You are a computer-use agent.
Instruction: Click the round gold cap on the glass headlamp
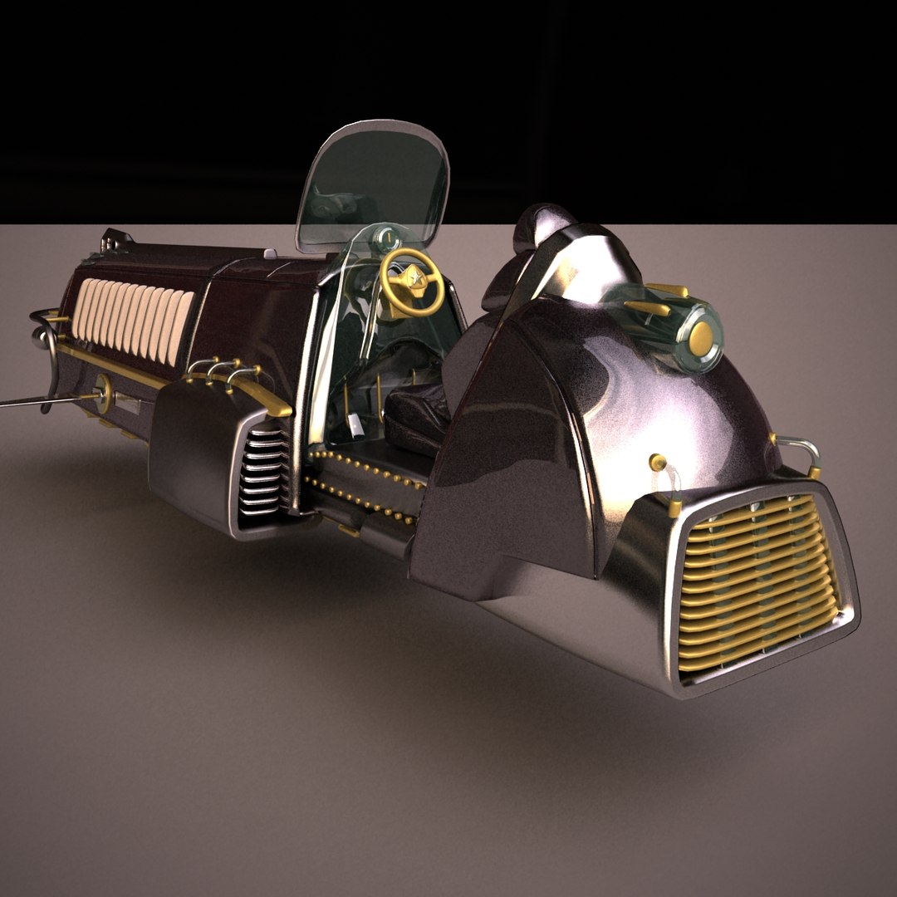point(702,336)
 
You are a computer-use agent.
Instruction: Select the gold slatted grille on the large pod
point(756,581)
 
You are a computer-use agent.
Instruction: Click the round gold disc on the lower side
point(105,391)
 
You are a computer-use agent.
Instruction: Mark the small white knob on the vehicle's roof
point(269,253)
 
